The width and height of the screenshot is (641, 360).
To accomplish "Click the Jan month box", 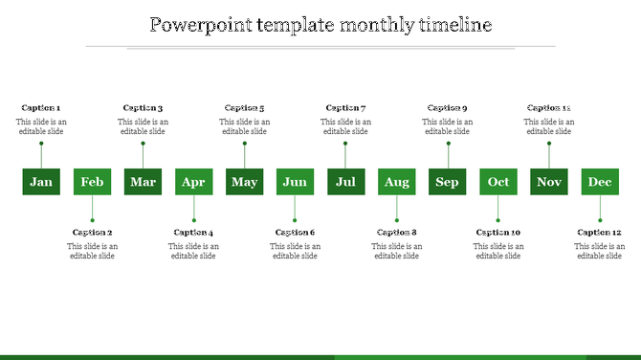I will click(41, 182).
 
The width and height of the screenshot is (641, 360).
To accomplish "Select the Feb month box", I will click(92, 182).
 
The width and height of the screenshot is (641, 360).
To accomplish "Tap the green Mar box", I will click(143, 182).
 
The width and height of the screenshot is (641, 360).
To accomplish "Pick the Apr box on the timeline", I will click(193, 182).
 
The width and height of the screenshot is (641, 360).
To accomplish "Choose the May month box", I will click(244, 182).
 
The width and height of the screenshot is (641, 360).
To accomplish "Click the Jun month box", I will click(295, 182).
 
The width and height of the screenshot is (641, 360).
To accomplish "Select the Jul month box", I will click(345, 182).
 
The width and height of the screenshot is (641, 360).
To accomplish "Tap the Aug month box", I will click(396, 182).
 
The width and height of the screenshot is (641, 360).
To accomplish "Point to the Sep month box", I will click(447, 182).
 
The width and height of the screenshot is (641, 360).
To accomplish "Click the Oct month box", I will click(498, 182).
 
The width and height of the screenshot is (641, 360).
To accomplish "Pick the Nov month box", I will click(549, 182).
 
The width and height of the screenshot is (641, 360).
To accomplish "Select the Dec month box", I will click(600, 182).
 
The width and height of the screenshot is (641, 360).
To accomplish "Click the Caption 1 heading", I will click(40, 108).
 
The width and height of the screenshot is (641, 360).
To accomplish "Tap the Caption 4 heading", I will click(193, 233).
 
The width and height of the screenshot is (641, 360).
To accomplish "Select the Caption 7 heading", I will click(345, 108).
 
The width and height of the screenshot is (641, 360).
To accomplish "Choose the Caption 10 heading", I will click(498, 233).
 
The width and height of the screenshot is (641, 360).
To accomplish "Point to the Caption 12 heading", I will click(600, 233).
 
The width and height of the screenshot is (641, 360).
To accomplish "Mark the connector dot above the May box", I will click(244, 144).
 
